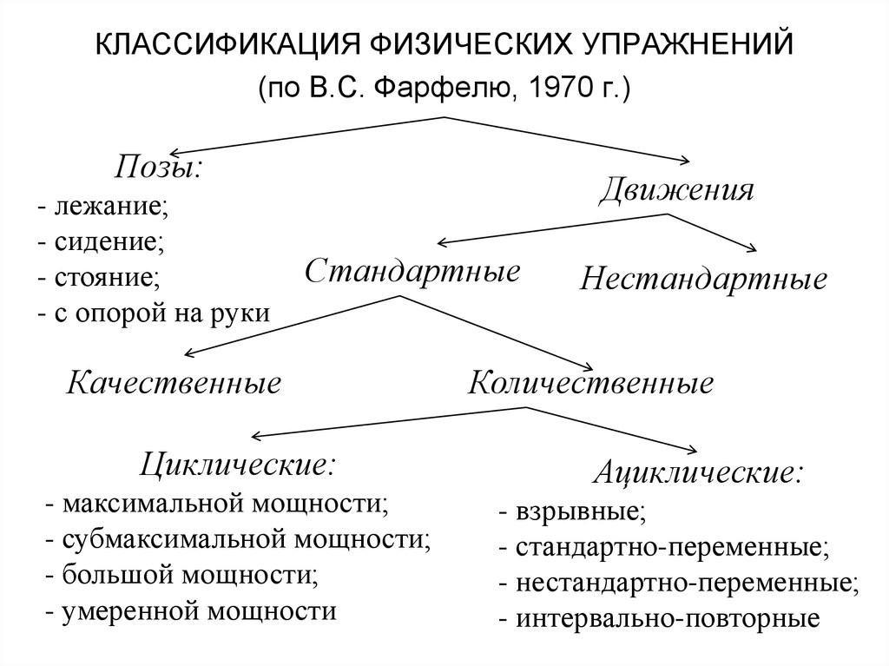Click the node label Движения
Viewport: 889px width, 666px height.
676,190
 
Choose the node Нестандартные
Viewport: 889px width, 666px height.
703,280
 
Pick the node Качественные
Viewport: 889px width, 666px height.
175,383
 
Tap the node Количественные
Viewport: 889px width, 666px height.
590,383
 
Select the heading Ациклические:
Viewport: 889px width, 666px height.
697,473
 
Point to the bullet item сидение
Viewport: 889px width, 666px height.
108,242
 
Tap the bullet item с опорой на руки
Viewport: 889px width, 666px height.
160,313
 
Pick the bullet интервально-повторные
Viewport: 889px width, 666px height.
668,619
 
